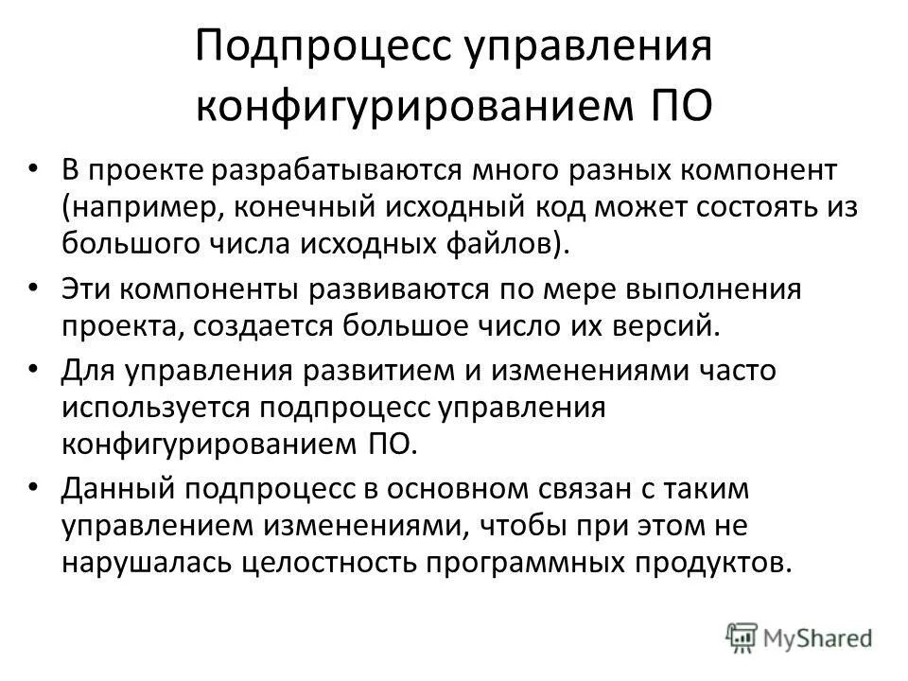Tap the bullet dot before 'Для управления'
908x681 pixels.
(35, 369)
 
